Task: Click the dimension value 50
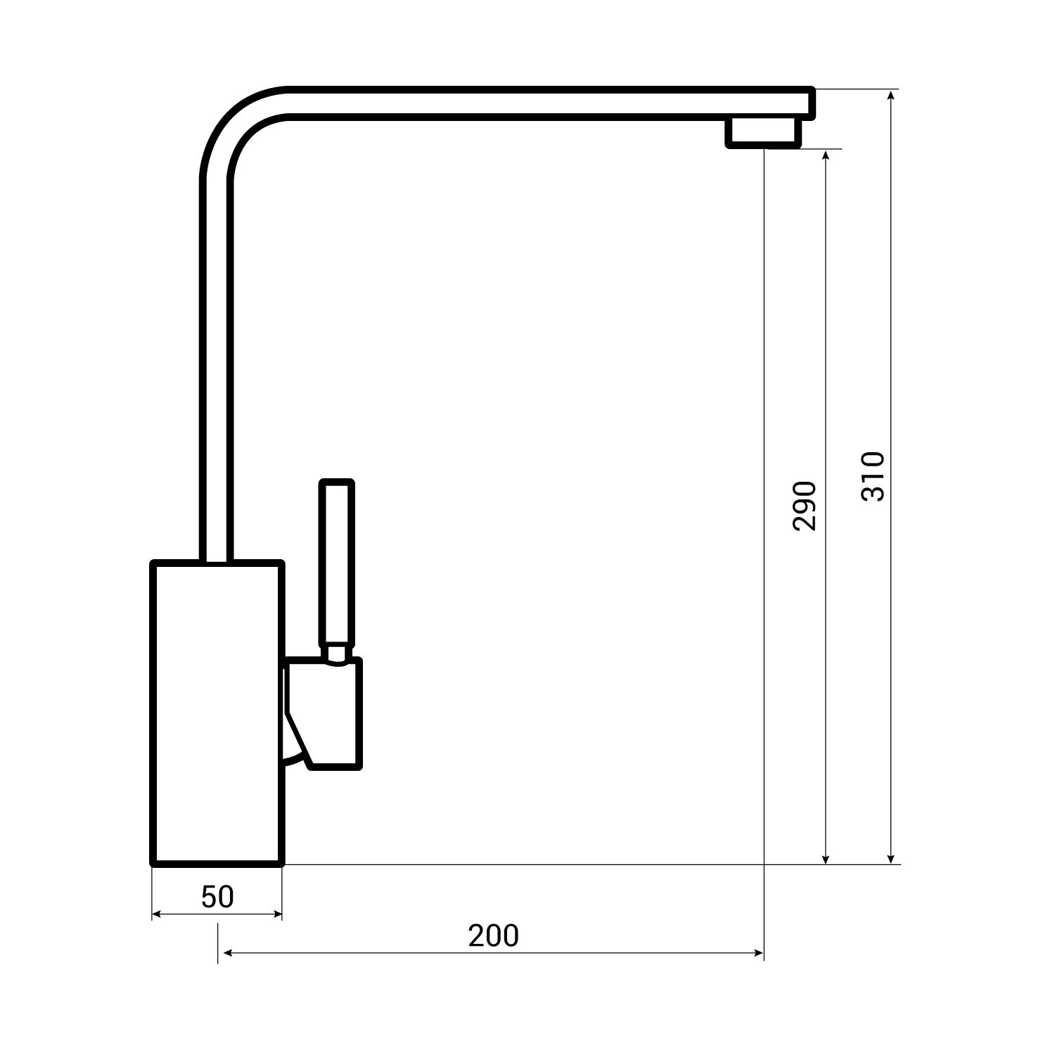point(217,897)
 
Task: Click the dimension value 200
point(494,936)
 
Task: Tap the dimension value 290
point(804,506)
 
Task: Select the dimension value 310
point(872,476)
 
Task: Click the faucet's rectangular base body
point(217,713)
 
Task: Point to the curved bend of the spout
point(232,123)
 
